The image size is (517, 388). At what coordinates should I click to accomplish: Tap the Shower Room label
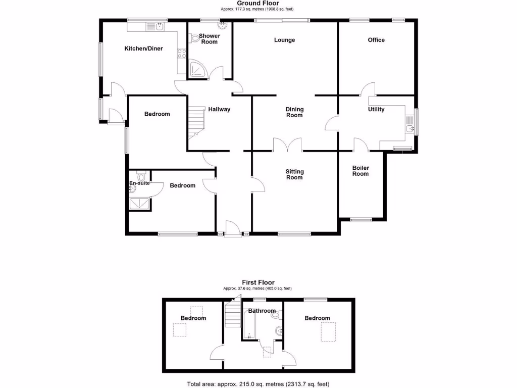pyautogui.click(x=209, y=39)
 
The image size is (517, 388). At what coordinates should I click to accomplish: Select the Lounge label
pyautogui.click(x=284, y=40)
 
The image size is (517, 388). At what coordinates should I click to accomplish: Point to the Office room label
pyautogui.click(x=376, y=40)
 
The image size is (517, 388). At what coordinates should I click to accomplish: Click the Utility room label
pyautogui.click(x=376, y=109)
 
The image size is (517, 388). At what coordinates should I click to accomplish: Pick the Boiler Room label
pyautogui.click(x=360, y=171)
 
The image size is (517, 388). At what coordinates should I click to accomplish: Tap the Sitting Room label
pyautogui.click(x=294, y=174)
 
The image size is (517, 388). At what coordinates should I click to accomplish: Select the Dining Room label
pyautogui.click(x=294, y=112)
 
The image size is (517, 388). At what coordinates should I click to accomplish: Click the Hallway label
pyautogui.click(x=219, y=109)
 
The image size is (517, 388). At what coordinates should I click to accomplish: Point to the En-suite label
pyautogui.click(x=139, y=183)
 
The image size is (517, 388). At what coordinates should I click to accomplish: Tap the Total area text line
pyautogui.click(x=258, y=384)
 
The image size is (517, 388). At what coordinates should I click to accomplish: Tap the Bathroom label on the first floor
pyautogui.click(x=262, y=311)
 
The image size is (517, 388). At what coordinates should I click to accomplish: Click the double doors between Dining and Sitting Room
pyautogui.click(x=288, y=145)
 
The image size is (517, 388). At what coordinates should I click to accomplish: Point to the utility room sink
pyautogui.click(x=410, y=125)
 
